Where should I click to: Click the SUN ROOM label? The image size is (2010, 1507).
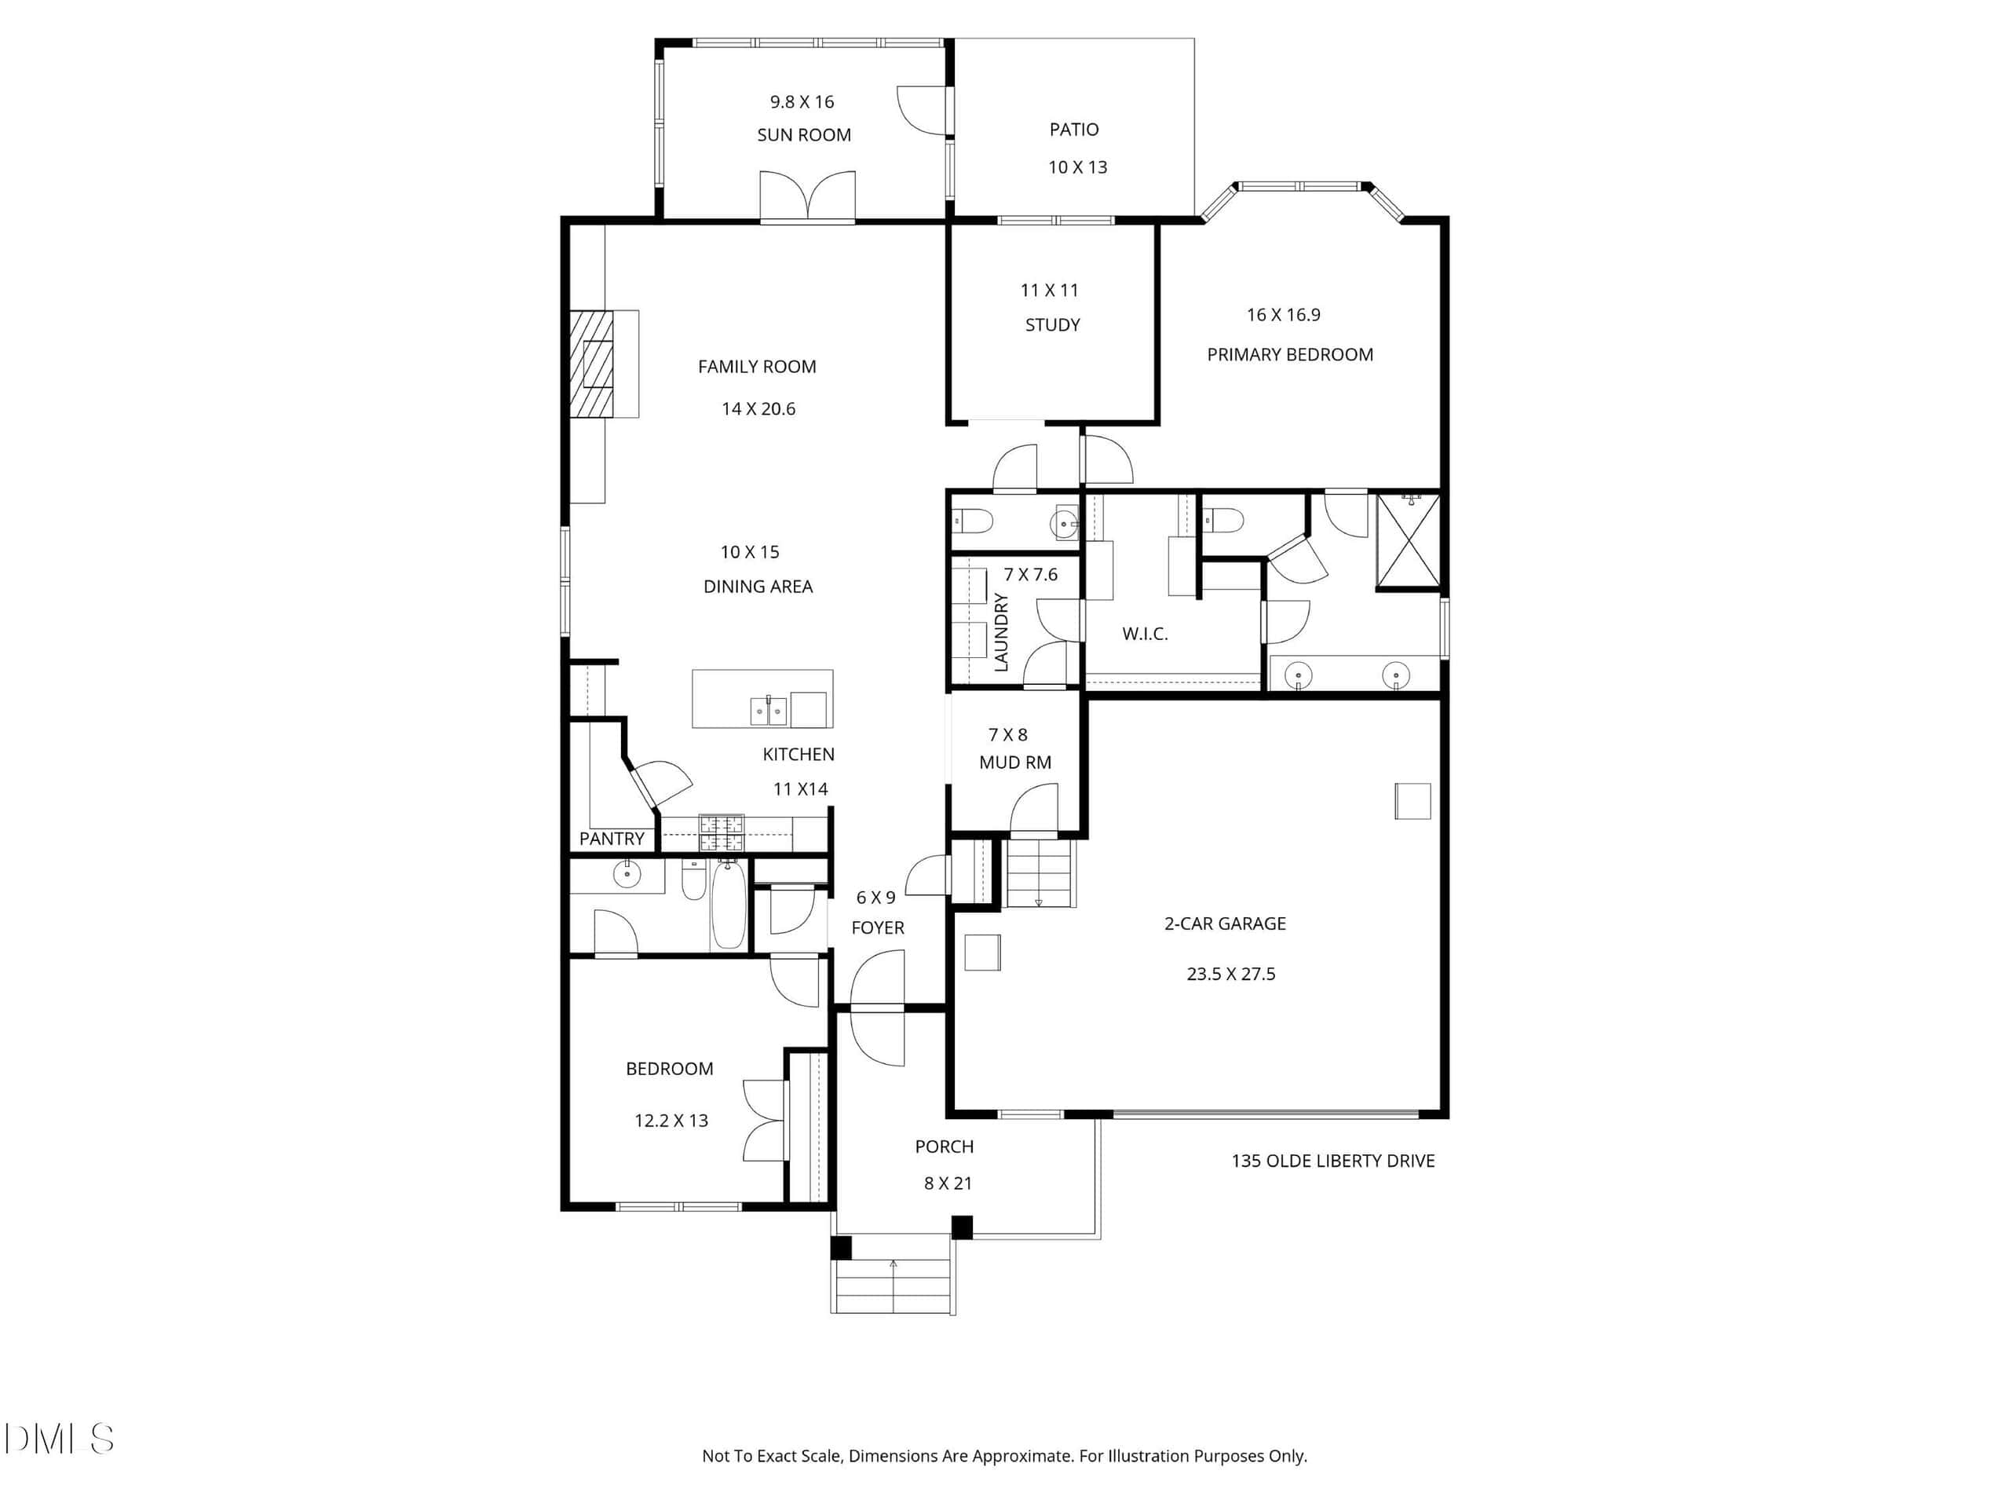point(804,135)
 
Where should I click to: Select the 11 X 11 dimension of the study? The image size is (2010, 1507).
point(1050,291)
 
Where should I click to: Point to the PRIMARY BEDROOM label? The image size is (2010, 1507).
point(1290,354)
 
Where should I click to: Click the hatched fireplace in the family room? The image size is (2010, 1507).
point(591,364)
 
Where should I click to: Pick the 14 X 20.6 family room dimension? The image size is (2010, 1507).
point(758,409)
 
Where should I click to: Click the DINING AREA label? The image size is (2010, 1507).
point(758,587)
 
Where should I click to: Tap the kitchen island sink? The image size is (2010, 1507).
point(769,711)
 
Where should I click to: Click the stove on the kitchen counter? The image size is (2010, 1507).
point(722,832)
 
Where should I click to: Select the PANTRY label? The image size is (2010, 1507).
point(612,839)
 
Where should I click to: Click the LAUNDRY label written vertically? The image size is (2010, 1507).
point(1001,633)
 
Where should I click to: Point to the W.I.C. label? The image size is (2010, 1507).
point(1145,635)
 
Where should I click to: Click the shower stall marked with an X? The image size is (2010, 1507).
point(1409,543)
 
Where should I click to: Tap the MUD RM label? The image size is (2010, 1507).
point(1015,763)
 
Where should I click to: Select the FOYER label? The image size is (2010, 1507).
point(878,928)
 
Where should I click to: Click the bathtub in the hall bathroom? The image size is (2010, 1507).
point(728,905)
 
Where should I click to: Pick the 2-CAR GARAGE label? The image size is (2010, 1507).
point(1225,924)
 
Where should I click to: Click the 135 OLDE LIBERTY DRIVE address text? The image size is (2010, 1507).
point(1333,1161)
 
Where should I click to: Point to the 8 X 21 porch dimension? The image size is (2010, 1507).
point(948,1183)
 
